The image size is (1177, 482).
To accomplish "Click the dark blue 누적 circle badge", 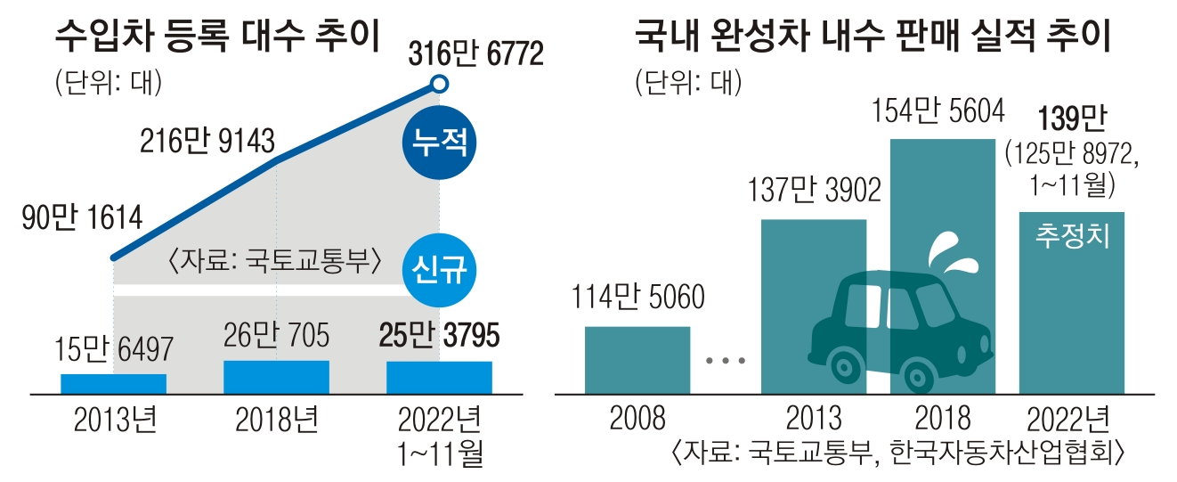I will click(x=438, y=143).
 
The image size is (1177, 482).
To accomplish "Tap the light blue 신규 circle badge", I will click(x=438, y=266).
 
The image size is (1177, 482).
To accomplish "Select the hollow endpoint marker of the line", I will click(x=438, y=85).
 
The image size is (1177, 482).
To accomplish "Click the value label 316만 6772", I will click(x=475, y=55).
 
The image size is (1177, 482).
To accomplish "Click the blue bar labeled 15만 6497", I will click(x=114, y=383).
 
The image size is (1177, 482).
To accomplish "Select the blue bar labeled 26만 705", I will click(x=276, y=376).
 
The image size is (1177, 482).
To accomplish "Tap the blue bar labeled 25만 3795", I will click(x=439, y=377).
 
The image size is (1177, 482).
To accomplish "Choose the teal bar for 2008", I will click(x=637, y=360).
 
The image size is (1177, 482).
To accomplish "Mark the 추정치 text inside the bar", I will click(x=1072, y=239).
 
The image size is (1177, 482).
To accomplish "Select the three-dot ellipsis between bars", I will click(x=723, y=361).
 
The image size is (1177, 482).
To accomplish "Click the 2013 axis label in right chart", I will click(x=814, y=418).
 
